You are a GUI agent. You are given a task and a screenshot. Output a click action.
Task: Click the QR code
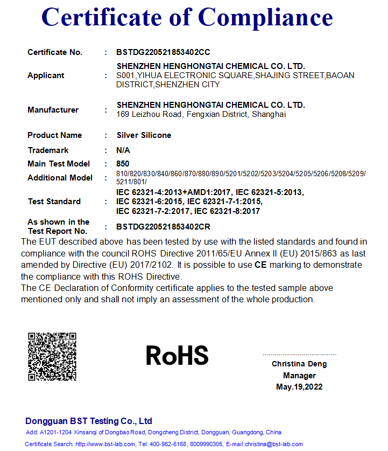point(52,357)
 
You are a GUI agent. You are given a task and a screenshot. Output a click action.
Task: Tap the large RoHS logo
point(177,355)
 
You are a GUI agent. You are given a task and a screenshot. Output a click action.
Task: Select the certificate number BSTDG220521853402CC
point(163,52)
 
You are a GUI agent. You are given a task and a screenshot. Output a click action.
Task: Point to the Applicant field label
point(46,75)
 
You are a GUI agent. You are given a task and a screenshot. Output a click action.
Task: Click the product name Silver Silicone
point(144,135)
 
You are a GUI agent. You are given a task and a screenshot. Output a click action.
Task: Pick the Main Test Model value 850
point(123,164)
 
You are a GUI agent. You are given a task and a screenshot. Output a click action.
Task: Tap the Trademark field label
point(48,150)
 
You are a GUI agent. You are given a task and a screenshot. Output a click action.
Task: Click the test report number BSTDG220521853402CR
point(163,227)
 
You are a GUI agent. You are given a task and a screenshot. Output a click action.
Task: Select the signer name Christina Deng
point(299,364)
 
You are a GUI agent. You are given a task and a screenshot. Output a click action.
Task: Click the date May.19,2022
point(299,387)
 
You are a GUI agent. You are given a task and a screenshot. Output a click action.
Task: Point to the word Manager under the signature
point(299,376)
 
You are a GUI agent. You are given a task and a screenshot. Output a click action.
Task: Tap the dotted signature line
point(299,355)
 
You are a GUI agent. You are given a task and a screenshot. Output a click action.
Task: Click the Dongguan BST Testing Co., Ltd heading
point(89,421)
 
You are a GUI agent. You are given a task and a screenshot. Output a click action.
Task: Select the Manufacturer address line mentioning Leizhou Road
point(201,114)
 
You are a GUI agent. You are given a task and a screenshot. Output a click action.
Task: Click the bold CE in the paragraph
point(260,265)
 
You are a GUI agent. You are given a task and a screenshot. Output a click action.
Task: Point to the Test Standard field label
point(54,202)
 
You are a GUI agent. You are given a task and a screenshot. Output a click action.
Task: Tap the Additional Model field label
point(60,178)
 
